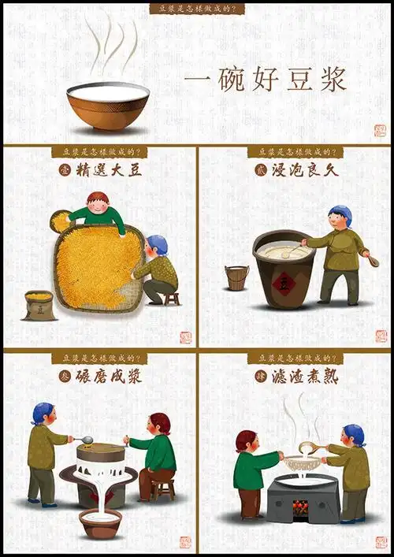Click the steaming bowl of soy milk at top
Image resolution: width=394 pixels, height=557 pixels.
click(x=108, y=106)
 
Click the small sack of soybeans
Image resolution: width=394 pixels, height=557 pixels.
click(x=39, y=305)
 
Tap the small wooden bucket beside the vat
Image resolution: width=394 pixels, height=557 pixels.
click(x=236, y=277)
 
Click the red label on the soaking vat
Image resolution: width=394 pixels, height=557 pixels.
click(x=281, y=281)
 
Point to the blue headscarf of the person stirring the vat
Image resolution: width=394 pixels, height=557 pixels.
click(x=340, y=213)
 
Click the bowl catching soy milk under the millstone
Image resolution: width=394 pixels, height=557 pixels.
click(x=100, y=522)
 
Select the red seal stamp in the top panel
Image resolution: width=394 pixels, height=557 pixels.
click(x=380, y=130)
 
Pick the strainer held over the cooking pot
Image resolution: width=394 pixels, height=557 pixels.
click(x=302, y=462)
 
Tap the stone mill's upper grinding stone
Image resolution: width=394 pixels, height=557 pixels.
click(x=101, y=452)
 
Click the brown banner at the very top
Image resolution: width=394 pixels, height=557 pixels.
click(x=197, y=9)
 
